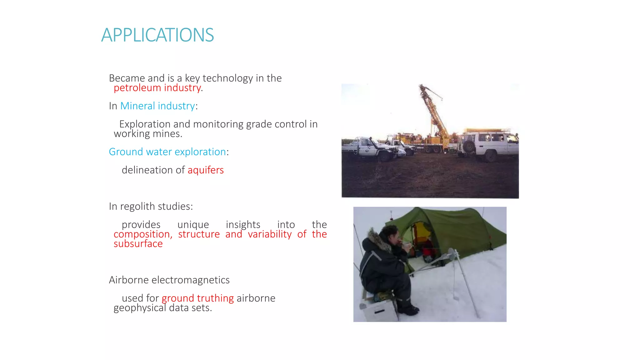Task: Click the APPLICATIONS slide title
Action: click(x=157, y=35)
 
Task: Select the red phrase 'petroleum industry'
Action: click(x=157, y=88)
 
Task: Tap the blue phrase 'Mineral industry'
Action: click(x=157, y=106)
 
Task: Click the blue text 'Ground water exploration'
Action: click(x=167, y=152)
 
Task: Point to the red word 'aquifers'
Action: click(x=206, y=170)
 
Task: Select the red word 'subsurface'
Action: click(x=138, y=244)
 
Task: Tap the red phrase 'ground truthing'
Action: click(x=197, y=298)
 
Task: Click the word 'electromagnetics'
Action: click(x=190, y=280)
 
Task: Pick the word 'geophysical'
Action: click(x=140, y=308)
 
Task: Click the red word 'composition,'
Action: click(x=143, y=234)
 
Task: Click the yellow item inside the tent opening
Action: click(x=422, y=231)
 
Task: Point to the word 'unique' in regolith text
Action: click(x=193, y=225)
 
